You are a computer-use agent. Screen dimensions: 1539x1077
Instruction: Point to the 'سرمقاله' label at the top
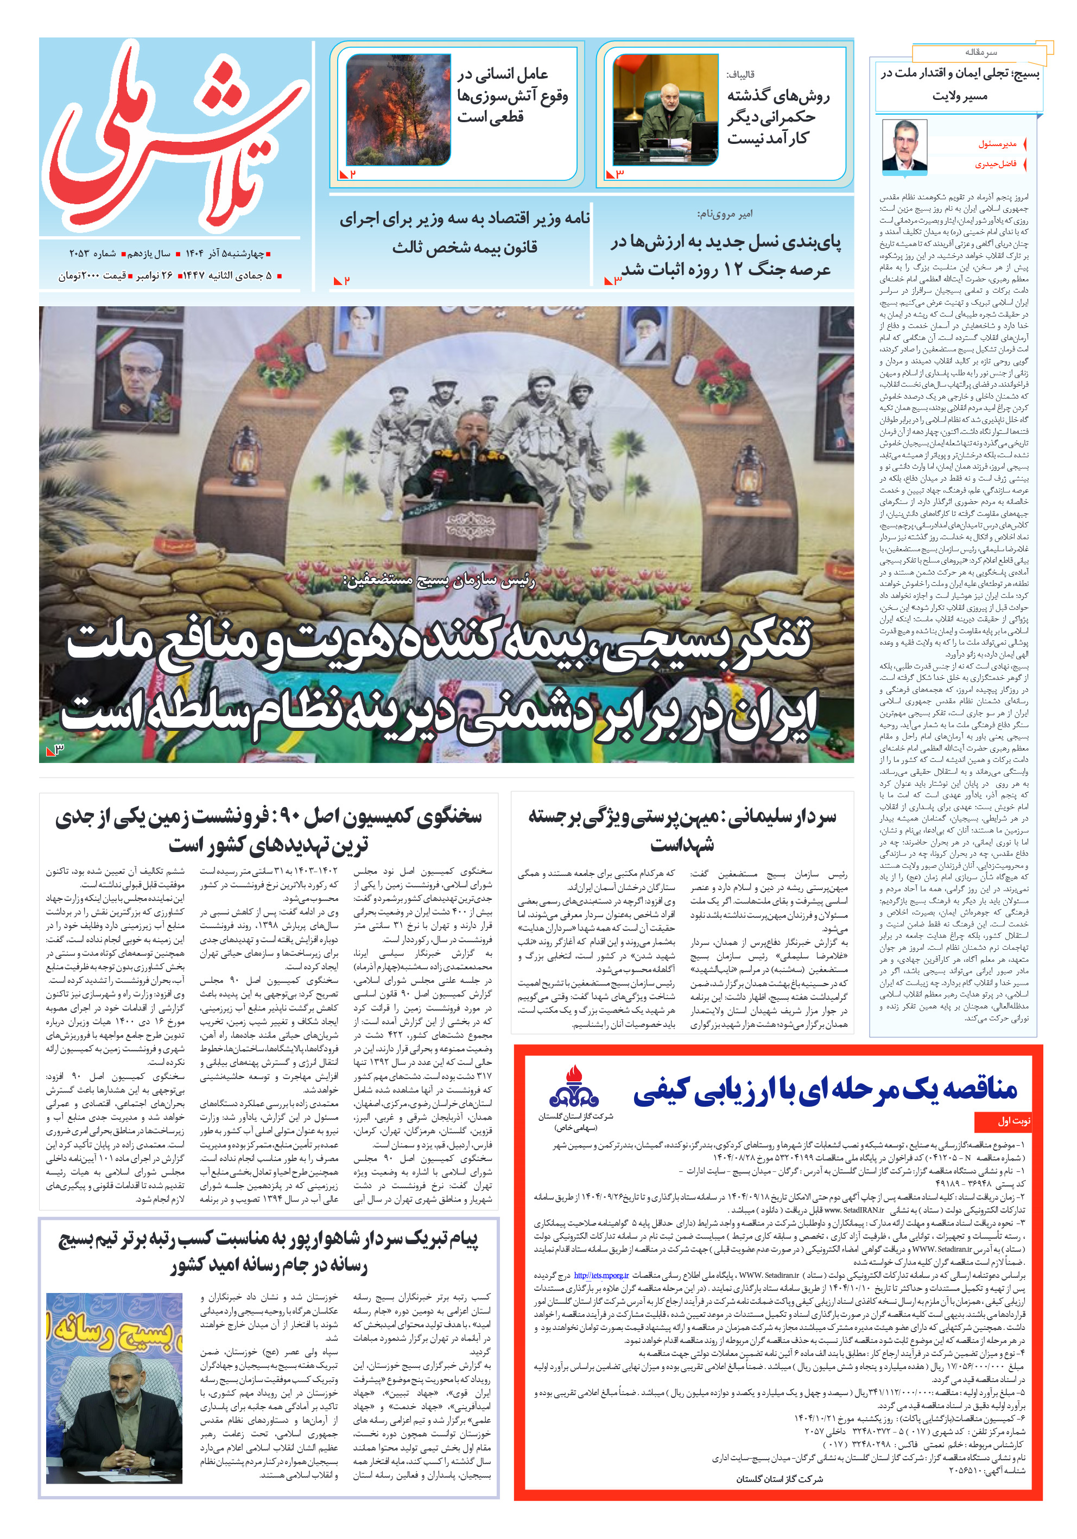click(x=980, y=52)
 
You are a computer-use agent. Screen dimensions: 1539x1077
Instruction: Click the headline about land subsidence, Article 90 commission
click(x=268, y=830)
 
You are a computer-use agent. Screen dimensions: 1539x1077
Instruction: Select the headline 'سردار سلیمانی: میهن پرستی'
click(x=682, y=830)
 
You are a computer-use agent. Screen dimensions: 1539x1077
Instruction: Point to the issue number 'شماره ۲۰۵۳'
click(x=92, y=254)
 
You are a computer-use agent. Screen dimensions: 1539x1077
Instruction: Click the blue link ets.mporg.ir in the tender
click(x=601, y=1275)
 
